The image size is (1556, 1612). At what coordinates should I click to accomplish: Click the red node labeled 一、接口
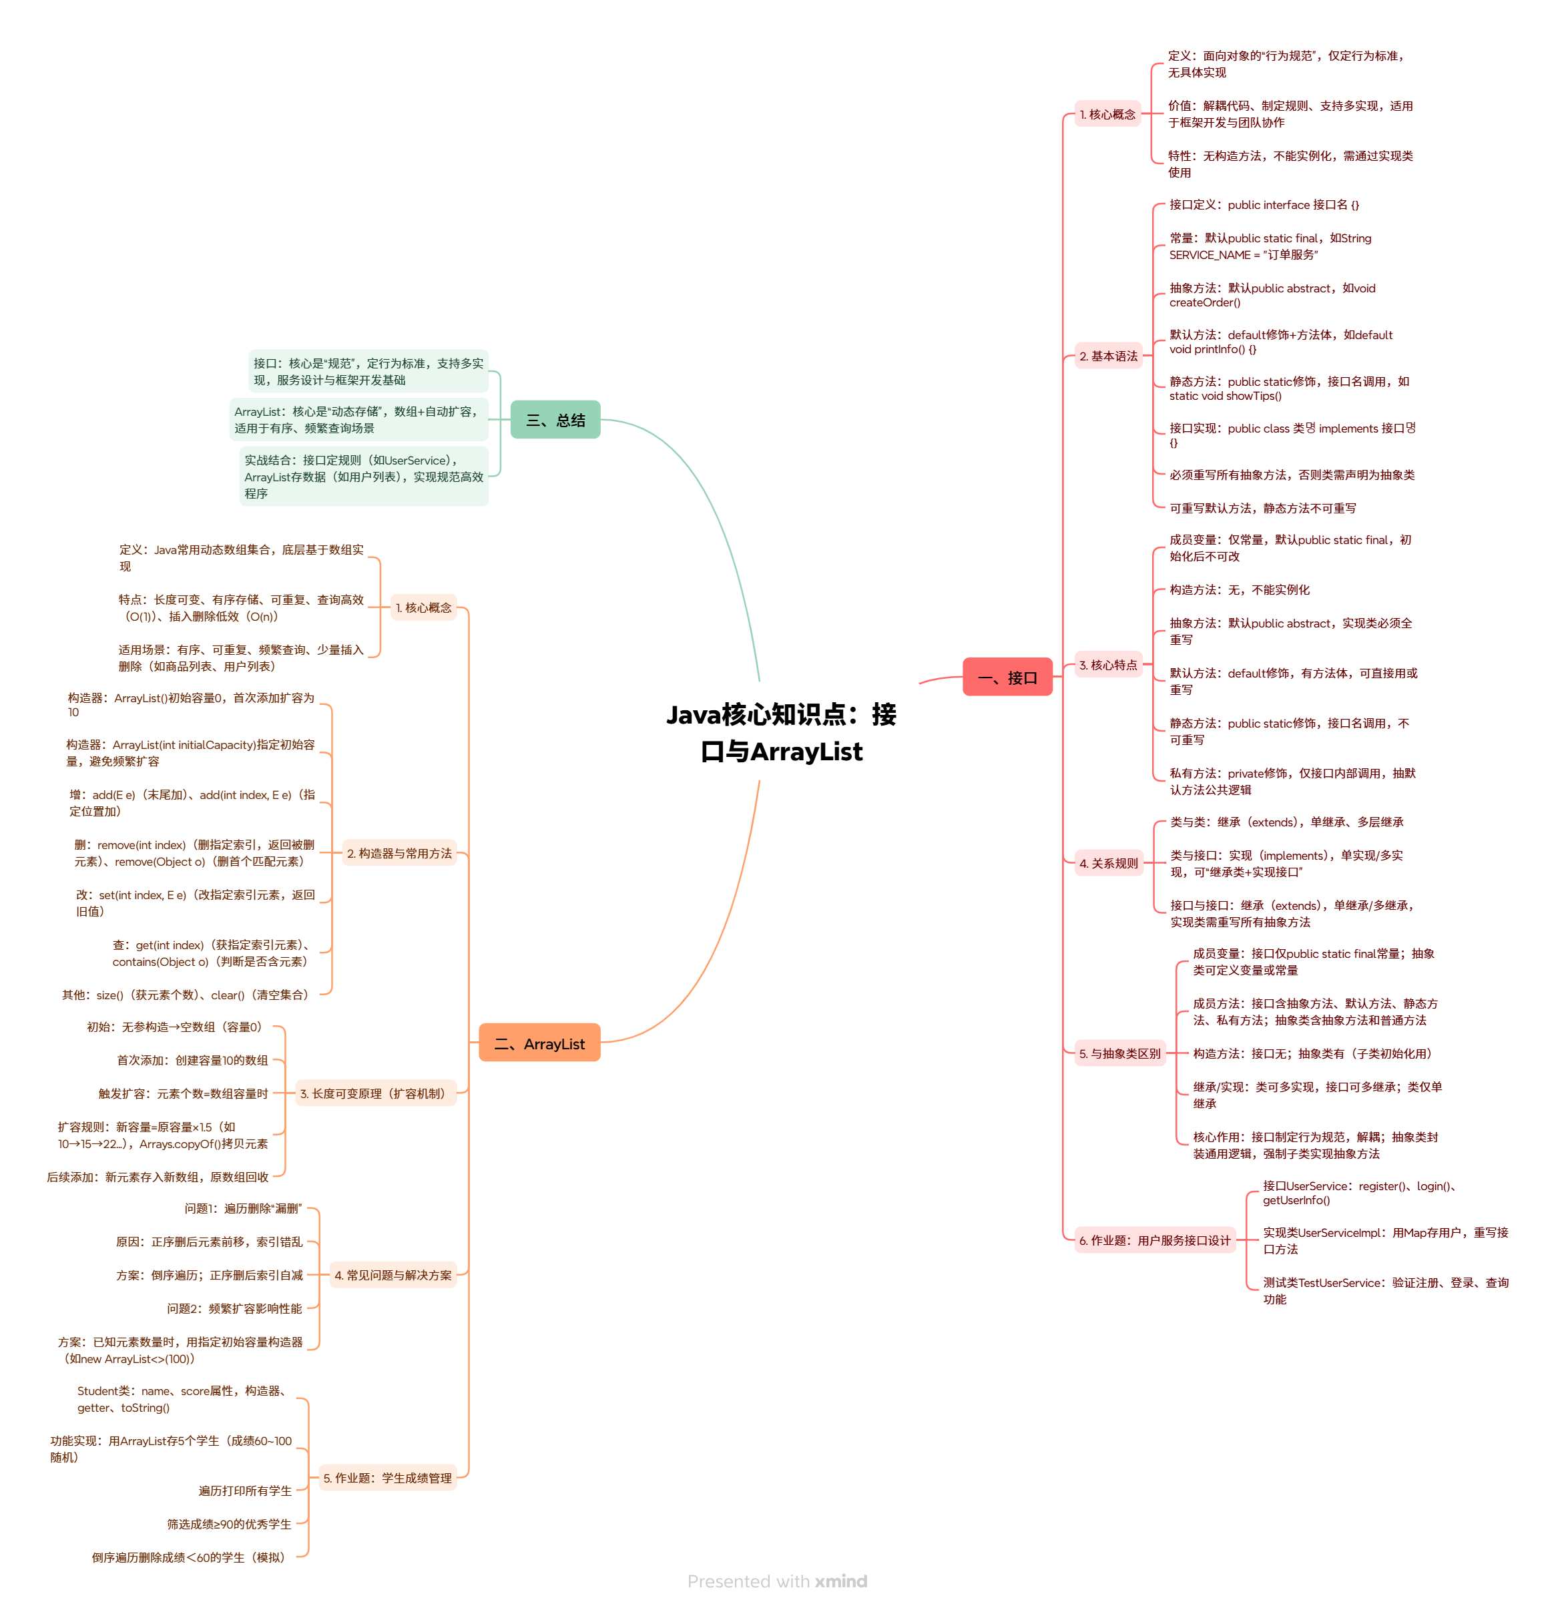[1007, 677]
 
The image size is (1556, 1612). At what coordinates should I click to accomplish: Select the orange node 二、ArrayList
[539, 1043]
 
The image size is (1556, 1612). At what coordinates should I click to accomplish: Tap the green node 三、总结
[555, 419]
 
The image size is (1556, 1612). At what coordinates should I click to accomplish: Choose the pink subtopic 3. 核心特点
[1108, 665]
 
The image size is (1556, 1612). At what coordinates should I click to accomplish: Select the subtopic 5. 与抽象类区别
[1119, 1053]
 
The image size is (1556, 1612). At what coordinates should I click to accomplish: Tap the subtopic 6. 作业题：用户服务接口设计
[1154, 1240]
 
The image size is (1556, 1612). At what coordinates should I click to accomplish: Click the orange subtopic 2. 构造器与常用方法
[399, 853]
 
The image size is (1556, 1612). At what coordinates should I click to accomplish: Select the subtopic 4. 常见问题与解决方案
[393, 1275]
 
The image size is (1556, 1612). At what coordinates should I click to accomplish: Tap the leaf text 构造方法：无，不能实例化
[1240, 589]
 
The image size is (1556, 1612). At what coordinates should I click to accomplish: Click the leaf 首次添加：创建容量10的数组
[192, 1060]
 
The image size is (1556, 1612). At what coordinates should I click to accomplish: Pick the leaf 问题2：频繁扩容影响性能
[234, 1308]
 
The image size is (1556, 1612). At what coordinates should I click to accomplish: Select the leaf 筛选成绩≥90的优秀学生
[230, 1523]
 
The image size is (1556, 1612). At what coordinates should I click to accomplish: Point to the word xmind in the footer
[840, 1581]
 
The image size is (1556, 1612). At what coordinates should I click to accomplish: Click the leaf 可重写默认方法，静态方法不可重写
[1262, 508]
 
